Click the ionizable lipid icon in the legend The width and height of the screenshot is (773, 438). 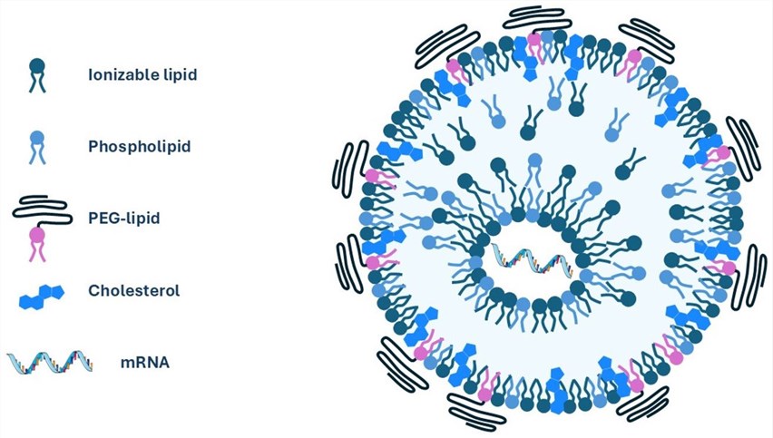37,75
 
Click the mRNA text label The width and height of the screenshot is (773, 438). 145,363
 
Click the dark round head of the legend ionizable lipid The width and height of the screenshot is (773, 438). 37,66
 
